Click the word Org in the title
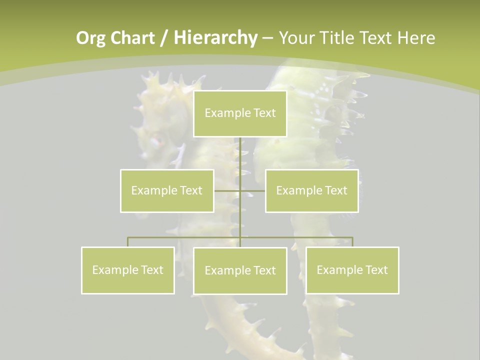pyautogui.click(x=90, y=38)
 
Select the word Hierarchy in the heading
pyautogui.click(x=215, y=38)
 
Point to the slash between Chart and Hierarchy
pyautogui.click(x=164, y=38)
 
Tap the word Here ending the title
pyautogui.click(x=416, y=38)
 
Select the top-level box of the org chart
pyautogui.click(x=240, y=113)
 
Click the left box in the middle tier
pyautogui.click(x=167, y=190)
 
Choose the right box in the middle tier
pyautogui.click(x=311, y=190)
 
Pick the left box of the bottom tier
pyautogui.click(x=128, y=270)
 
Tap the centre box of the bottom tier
pyautogui.click(x=240, y=270)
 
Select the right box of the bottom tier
pyautogui.click(x=352, y=270)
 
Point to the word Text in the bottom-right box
pyautogui.click(x=376, y=270)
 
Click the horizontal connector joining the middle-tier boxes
pyautogui.click(x=227, y=190)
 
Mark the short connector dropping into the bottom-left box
pyautogui.click(x=128, y=242)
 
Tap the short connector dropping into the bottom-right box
pyautogui.click(x=352, y=242)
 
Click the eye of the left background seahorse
pyautogui.click(x=156, y=141)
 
